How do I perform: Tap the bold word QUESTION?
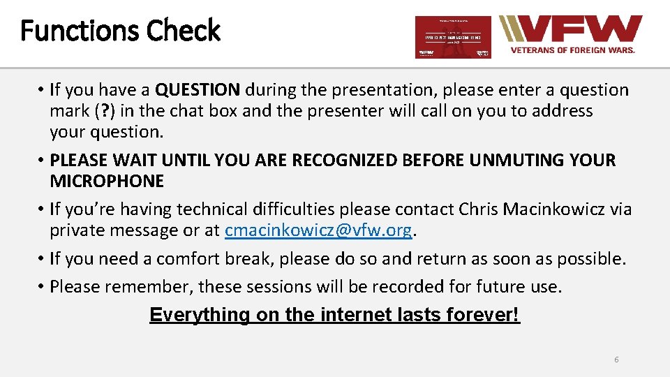198,90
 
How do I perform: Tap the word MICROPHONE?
107,182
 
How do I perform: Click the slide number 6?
616,360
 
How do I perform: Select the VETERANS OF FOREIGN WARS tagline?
572,50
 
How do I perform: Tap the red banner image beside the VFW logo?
453,37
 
